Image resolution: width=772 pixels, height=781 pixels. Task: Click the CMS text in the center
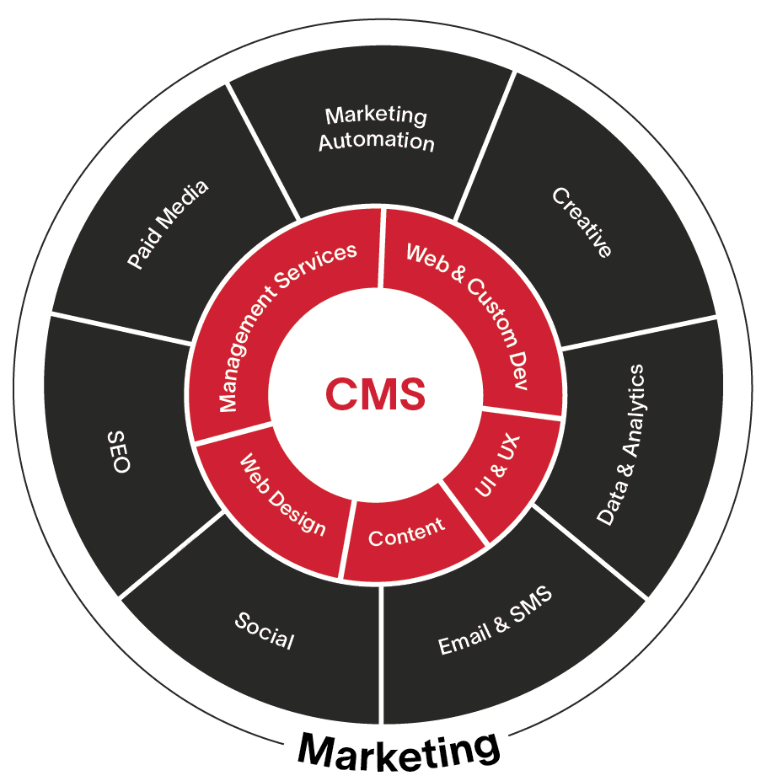point(375,393)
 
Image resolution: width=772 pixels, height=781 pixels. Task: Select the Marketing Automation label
point(376,128)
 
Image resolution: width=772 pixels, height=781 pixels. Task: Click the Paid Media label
point(168,225)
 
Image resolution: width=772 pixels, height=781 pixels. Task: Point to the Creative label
point(582,222)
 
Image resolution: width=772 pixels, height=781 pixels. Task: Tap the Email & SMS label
point(496,620)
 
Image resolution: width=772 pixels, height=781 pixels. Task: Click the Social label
point(265,631)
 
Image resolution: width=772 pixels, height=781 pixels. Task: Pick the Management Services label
point(287,327)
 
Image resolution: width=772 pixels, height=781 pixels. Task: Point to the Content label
point(406,532)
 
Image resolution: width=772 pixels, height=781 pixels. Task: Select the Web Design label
point(282,494)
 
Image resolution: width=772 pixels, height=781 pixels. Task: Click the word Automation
point(376,141)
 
